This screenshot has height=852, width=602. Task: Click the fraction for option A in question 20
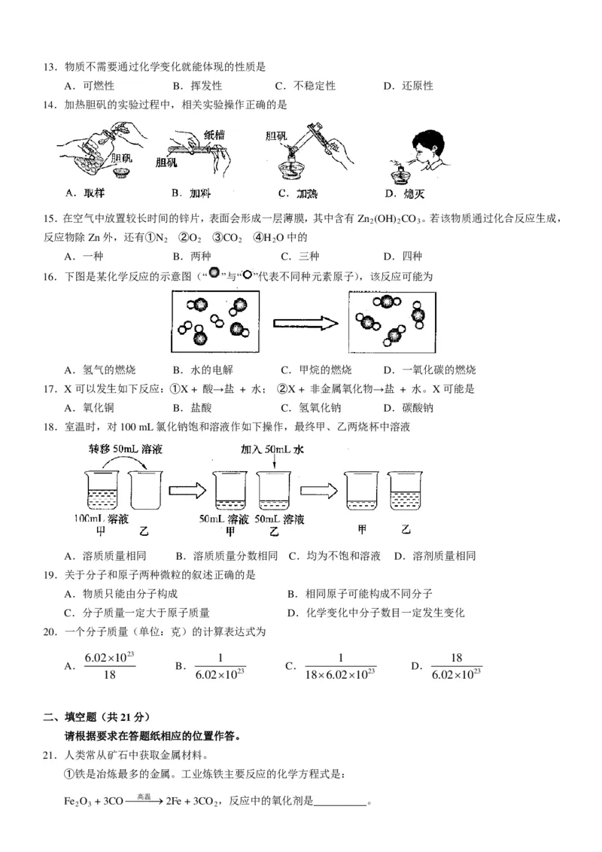(x=110, y=666)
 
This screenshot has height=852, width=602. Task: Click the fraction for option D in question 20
(x=456, y=666)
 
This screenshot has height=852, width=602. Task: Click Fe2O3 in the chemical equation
(x=74, y=801)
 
